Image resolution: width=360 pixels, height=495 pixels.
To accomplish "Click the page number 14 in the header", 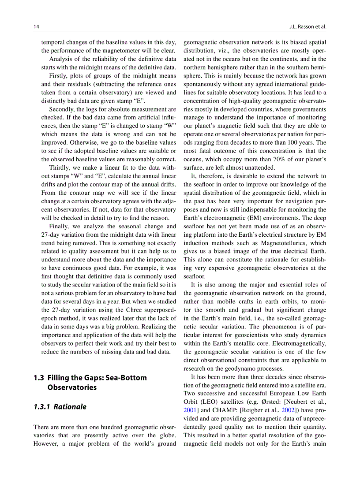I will coord(36,26).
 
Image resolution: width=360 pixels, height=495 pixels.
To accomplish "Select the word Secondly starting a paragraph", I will coord(63,109).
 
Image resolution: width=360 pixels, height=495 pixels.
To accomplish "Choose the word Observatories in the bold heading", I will coord(72,387).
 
